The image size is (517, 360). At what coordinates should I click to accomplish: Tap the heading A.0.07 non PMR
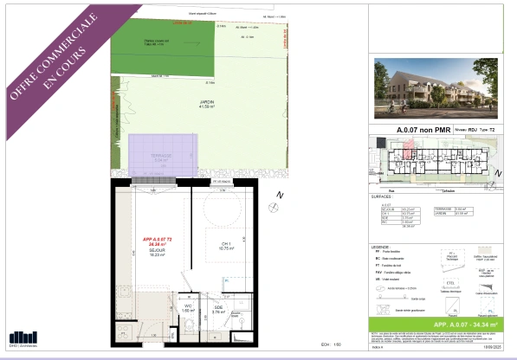pos(417,130)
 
